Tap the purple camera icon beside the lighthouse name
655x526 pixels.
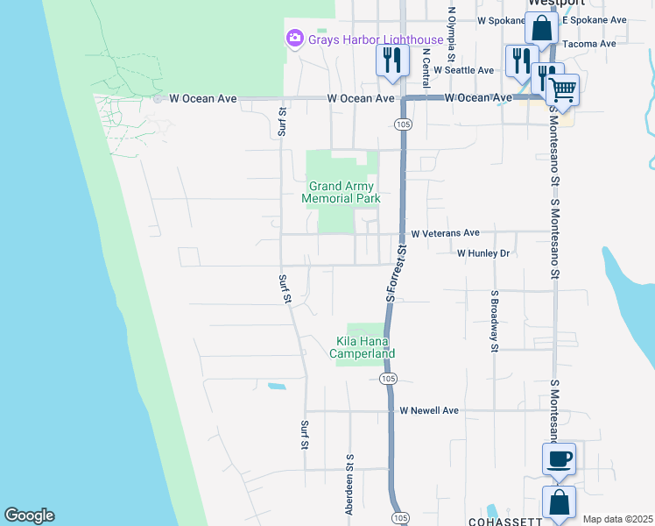pos(294,39)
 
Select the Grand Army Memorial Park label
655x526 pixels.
pos(341,193)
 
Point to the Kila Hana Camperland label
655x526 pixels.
pos(363,347)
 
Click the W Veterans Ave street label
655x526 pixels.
pos(445,233)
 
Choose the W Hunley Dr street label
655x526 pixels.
pos(482,253)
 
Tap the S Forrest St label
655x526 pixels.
pos(397,274)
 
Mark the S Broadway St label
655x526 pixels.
pos(495,321)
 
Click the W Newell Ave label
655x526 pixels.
pos(429,410)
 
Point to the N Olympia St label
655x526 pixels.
pos(452,33)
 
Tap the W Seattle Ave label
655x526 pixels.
pos(464,70)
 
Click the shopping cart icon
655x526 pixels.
pos(562,89)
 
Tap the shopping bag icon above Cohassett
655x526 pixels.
pos(559,504)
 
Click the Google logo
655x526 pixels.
pos(29,515)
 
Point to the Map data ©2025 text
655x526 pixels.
pos(618,519)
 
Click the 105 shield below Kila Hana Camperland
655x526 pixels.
pos(389,379)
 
